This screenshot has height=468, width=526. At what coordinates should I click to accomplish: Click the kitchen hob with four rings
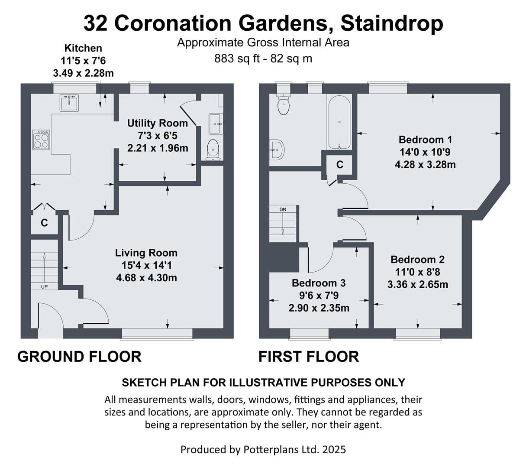(41, 140)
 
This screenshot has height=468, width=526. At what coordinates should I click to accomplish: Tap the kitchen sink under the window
(69, 103)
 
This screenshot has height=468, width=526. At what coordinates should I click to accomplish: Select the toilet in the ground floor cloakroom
(213, 150)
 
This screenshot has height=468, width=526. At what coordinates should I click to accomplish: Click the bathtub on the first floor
(339, 122)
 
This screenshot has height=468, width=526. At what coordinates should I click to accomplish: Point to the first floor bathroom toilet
(283, 104)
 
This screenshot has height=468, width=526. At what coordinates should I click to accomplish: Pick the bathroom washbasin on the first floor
(277, 149)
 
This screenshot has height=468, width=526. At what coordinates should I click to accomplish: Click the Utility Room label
(157, 123)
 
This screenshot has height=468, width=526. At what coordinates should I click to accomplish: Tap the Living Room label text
(146, 253)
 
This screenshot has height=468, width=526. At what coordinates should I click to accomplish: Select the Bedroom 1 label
(425, 140)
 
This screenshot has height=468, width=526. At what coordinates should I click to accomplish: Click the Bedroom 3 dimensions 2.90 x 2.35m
(319, 308)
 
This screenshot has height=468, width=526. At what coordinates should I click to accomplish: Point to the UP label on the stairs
(44, 287)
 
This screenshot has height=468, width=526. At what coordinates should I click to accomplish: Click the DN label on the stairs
(283, 209)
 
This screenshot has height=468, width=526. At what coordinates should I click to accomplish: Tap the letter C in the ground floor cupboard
(44, 223)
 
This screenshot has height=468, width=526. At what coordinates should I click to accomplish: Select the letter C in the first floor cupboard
(339, 164)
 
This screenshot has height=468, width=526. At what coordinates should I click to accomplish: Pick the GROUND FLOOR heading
(79, 357)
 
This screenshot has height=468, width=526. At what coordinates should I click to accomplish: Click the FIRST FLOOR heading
(308, 357)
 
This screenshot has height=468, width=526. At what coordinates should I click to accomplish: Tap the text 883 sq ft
(237, 58)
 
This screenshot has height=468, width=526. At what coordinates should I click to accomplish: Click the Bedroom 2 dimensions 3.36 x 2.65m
(418, 284)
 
